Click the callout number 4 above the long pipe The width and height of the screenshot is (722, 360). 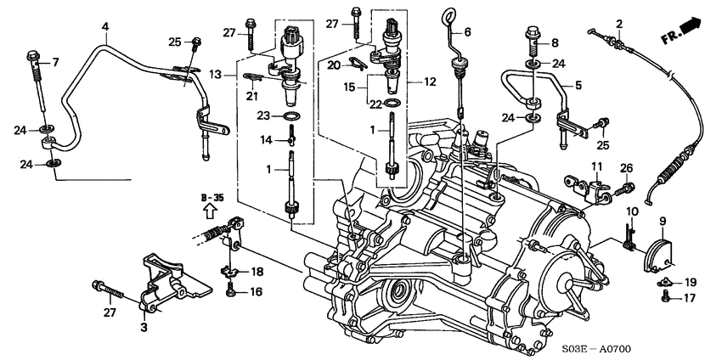(104, 27)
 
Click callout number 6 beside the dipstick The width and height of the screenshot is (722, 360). (467, 33)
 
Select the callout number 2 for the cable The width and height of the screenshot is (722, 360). (619, 23)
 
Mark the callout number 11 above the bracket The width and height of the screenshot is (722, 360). (597, 166)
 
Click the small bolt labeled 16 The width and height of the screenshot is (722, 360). (232, 290)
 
